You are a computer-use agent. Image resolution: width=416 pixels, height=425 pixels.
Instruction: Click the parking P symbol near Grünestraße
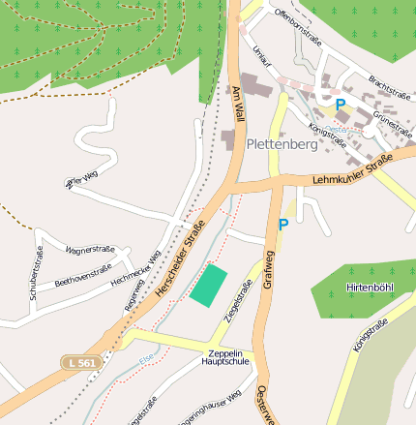340,105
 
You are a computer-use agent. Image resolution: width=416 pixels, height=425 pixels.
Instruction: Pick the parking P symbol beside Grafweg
283,225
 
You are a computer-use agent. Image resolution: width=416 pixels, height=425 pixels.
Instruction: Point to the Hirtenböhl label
371,288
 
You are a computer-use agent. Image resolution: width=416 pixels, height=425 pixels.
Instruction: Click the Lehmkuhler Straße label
352,169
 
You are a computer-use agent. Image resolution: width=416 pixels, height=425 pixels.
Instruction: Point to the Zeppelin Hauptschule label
225,356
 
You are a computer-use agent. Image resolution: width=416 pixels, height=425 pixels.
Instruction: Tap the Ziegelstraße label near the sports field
238,300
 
